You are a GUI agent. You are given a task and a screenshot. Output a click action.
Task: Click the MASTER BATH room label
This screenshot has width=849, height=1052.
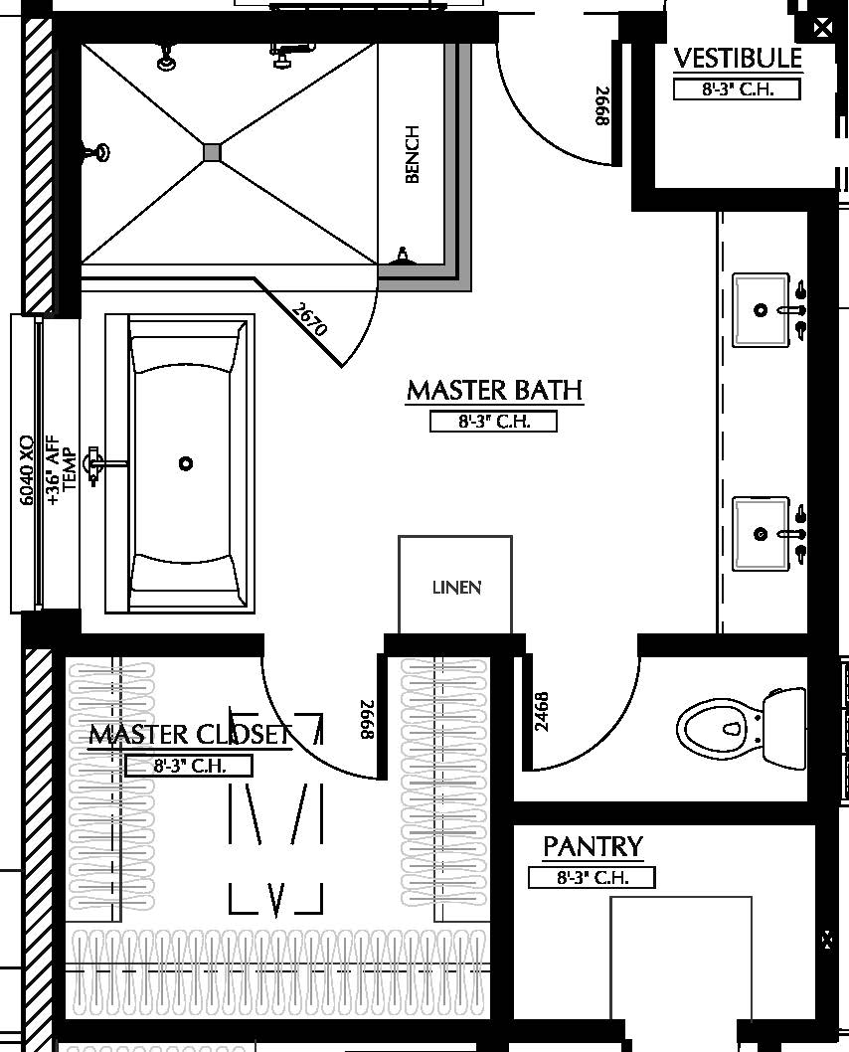[494, 390]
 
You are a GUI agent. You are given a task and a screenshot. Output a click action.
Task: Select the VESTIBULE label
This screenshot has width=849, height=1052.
[737, 59]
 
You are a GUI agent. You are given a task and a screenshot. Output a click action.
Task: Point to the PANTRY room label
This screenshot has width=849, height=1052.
[593, 847]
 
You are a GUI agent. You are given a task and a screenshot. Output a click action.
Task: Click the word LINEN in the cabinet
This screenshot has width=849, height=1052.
[456, 588]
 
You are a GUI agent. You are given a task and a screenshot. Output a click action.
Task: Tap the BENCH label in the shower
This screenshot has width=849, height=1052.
[413, 154]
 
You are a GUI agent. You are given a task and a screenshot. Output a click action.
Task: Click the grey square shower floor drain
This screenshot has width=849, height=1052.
[212, 152]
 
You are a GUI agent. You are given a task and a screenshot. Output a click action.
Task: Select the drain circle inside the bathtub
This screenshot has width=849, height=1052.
[185, 463]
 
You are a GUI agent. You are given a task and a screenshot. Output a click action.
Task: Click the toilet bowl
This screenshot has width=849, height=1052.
[712, 726]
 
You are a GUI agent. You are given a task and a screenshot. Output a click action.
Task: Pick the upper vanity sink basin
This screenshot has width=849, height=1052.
[761, 310]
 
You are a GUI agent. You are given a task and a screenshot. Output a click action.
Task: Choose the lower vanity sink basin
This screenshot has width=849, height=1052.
[761, 534]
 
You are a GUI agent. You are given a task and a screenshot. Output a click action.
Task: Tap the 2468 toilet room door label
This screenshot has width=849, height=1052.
[542, 712]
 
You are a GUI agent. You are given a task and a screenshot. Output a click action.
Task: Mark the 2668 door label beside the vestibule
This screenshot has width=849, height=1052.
[601, 106]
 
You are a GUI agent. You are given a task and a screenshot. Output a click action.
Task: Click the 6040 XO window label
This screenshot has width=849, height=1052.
[27, 468]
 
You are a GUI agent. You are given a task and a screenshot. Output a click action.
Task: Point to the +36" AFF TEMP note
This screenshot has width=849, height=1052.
[62, 468]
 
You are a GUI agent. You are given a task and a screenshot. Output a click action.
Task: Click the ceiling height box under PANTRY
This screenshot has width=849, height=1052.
[592, 878]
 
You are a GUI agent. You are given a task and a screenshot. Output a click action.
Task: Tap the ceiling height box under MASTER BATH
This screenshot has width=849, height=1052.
[493, 422]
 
